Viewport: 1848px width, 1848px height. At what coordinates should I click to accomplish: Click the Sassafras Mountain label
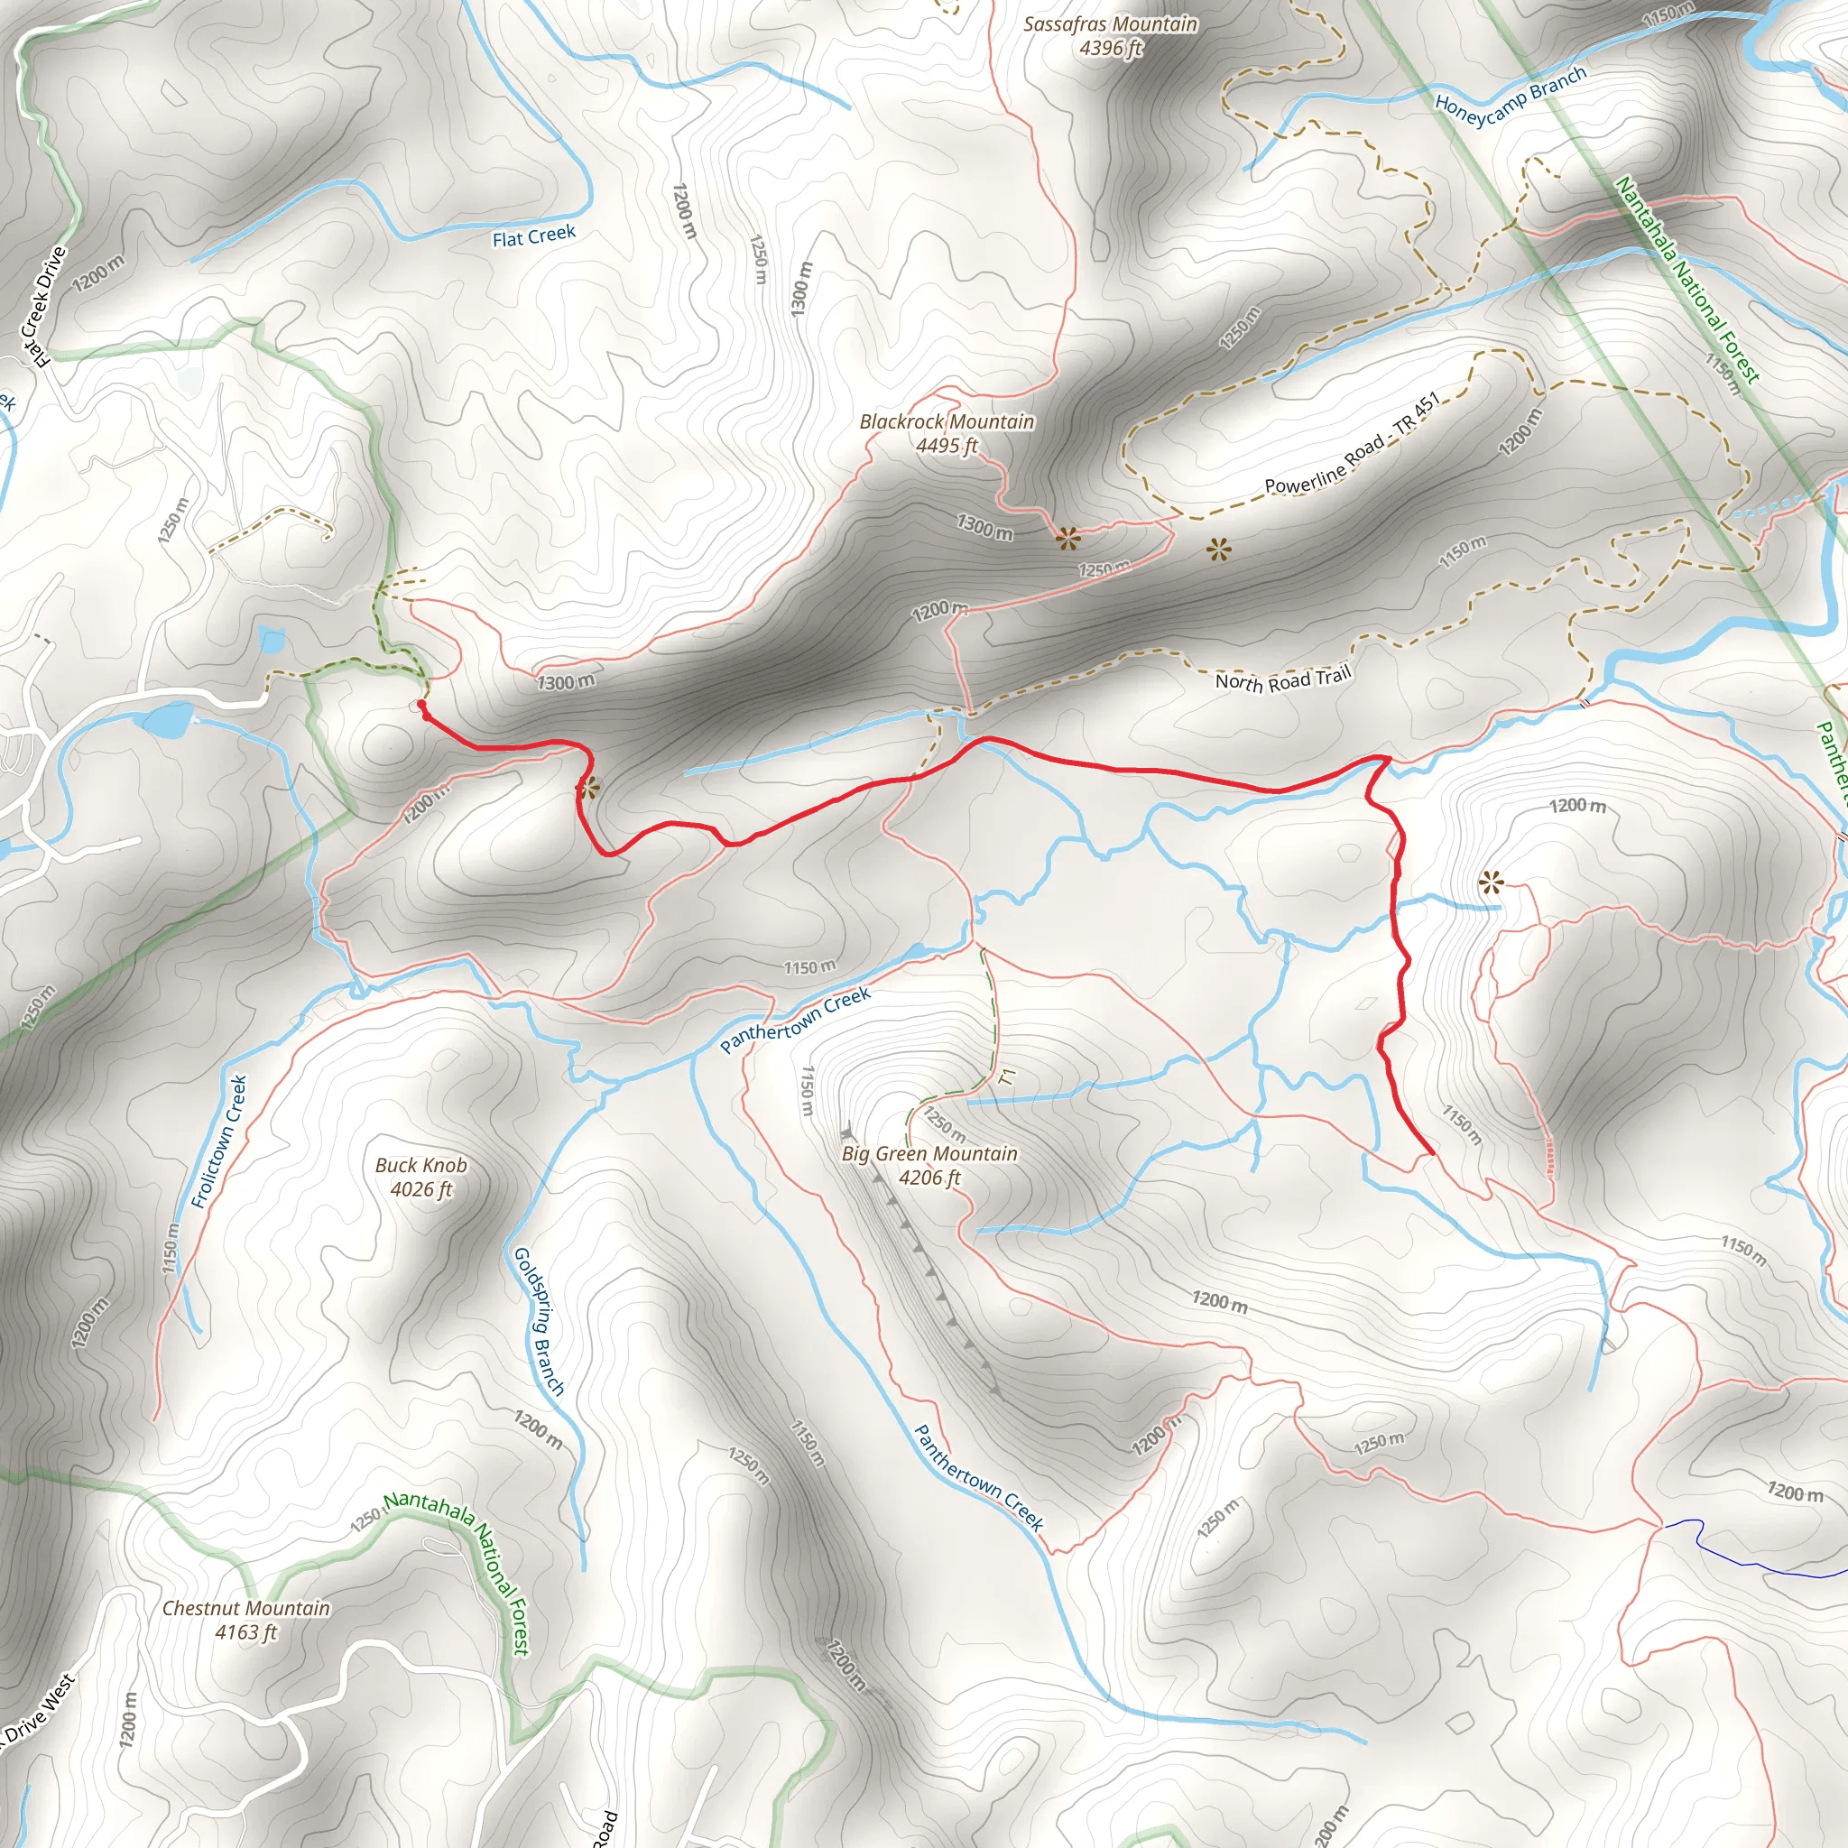click(1110, 24)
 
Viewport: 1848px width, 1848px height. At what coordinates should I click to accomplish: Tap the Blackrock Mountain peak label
click(946, 421)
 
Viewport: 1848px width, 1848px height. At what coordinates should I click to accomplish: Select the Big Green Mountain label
click(929, 1153)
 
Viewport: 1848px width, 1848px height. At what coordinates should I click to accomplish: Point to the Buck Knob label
click(420, 1165)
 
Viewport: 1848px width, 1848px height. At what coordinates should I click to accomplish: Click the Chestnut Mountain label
click(245, 1608)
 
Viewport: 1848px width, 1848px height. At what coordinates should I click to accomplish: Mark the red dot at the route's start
click(420, 704)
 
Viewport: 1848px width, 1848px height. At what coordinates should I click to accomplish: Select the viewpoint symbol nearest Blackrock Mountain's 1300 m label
click(1067, 539)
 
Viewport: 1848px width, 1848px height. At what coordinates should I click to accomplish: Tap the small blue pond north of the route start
click(272, 639)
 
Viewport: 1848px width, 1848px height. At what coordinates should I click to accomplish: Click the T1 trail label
click(1005, 1077)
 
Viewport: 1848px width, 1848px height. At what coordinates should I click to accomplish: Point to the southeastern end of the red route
click(1431, 1153)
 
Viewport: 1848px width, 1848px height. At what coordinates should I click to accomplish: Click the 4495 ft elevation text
click(946, 446)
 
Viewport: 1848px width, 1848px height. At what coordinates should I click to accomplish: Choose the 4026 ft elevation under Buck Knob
click(420, 1189)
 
